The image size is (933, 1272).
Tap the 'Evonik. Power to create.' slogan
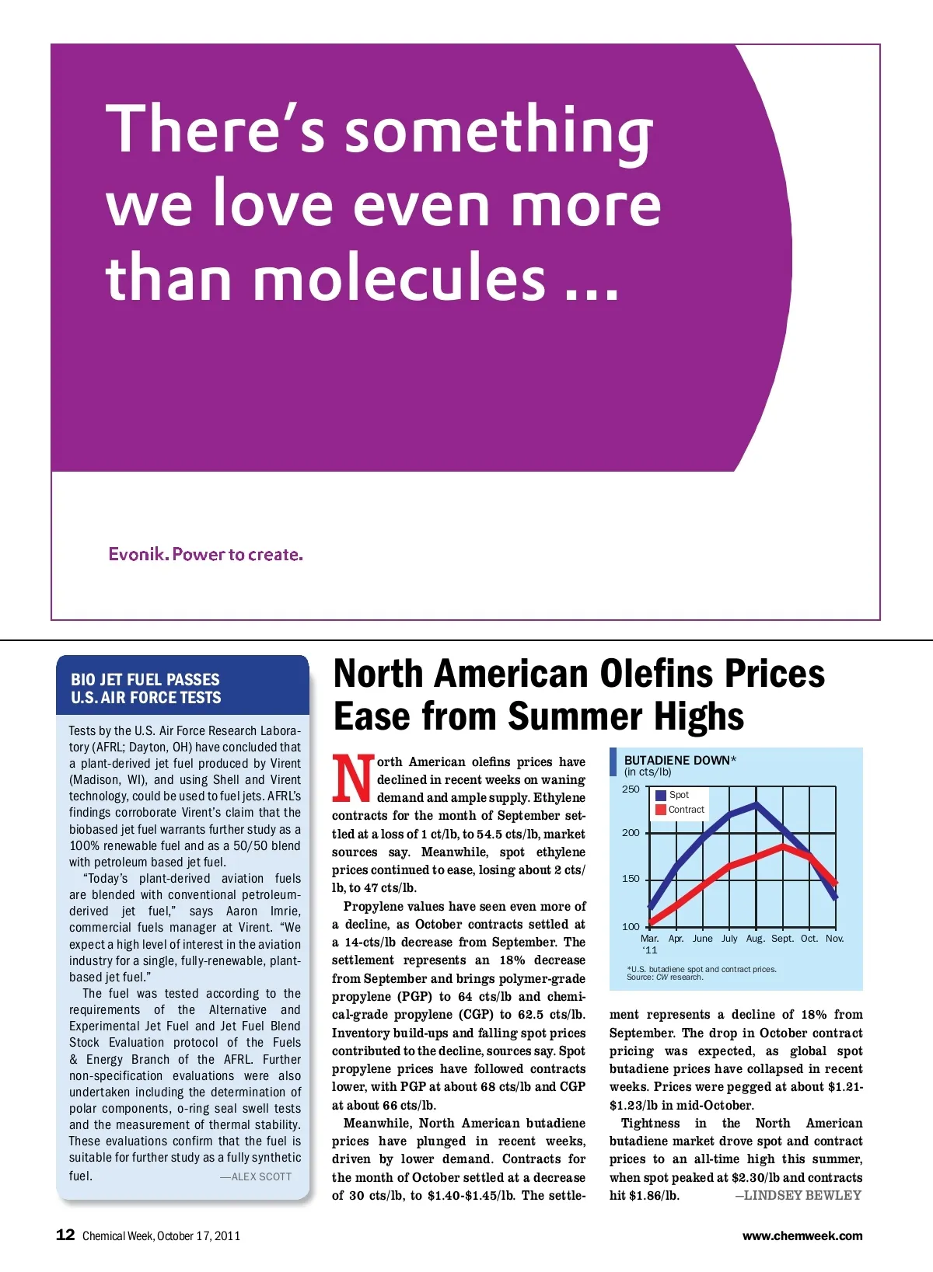pyautogui.click(x=205, y=554)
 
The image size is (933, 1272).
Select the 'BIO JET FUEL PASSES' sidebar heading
pyautogui.click(x=145, y=679)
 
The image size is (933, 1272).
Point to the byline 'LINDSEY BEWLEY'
pyautogui.click(x=802, y=1195)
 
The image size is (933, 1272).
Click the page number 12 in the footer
pyautogui.click(x=65, y=1235)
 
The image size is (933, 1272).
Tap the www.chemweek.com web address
pyautogui.click(x=802, y=1235)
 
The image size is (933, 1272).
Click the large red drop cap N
pyautogui.click(x=352, y=779)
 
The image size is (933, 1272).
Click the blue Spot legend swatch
pyautogui.click(x=661, y=795)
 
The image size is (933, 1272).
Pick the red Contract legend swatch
pyautogui.click(x=661, y=810)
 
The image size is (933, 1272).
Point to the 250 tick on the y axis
pyautogui.click(x=631, y=789)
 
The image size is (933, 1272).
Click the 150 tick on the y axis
pyautogui.click(x=631, y=879)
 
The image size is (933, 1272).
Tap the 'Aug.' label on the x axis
pyautogui.click(x=755, y=939)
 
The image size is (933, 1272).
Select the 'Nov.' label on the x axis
pyautogui.click(x=835, y=939)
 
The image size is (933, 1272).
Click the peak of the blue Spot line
pyautogui.click(x=756, y=805)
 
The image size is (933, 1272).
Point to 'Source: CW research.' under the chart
pyautogui.click(x=665, y=978)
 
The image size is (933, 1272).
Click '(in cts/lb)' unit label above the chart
pyautogui.click(x=648, y=772)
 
